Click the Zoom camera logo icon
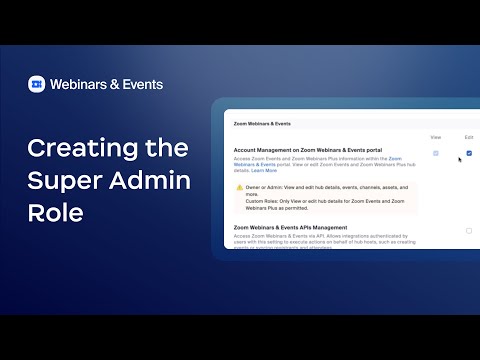[x=37, y=84]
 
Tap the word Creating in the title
[x=78, y=150]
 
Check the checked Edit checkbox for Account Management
[x=469, y=153]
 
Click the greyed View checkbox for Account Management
[x=436, y=153]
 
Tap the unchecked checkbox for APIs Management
[x=469, y=231]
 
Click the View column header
[x=436, y=137]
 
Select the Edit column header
[x=469, y=137]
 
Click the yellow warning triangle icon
[x=239, y=187]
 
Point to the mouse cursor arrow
[x=460, y=159]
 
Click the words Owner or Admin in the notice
[x=266, y=187]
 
